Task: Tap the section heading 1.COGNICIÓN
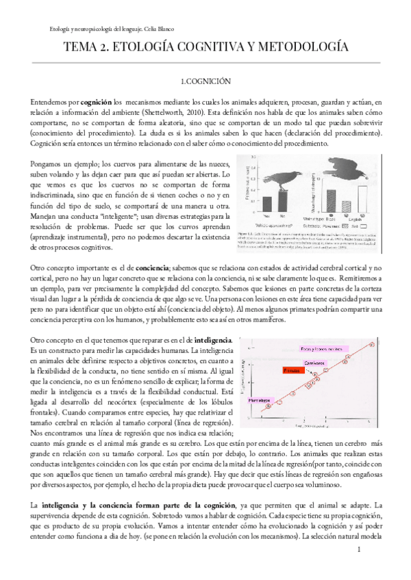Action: (205, 81)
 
